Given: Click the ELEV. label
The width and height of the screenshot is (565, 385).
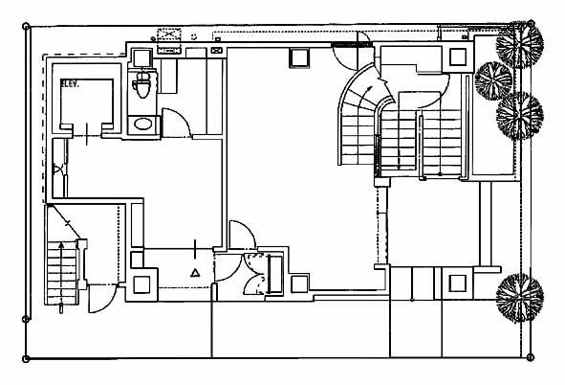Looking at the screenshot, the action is click(x=70, y=83).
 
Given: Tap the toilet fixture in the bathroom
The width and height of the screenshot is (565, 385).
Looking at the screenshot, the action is click(x=142, y=85).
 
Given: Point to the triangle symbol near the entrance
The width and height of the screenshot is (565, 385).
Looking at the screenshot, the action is click(x=195, y=272).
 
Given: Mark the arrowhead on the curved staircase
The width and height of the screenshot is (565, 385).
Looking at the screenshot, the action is click(x=369, y=88).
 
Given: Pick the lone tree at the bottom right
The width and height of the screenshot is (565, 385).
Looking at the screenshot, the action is click(x=520, y=298).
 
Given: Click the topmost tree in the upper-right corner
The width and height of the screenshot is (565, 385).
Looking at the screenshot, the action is click(x=520, y=44).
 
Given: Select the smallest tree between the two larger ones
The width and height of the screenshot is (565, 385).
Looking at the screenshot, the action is click(x=493, y=80).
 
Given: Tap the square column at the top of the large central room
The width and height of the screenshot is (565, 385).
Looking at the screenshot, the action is click(x=299, y=57).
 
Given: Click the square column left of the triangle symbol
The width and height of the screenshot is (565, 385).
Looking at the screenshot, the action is click(x=141, y=284).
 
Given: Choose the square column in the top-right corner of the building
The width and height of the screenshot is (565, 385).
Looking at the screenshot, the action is click(x=458, y=57).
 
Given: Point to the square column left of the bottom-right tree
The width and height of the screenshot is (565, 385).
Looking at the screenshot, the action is click(x=457, y=283).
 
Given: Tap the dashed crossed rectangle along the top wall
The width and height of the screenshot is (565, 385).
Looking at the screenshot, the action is click(x=169, y=35).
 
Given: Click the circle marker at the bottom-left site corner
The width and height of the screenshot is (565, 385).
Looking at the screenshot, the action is click(x=26, y=358).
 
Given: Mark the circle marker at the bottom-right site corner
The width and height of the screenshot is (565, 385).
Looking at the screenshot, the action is click(x=530, y=357).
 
